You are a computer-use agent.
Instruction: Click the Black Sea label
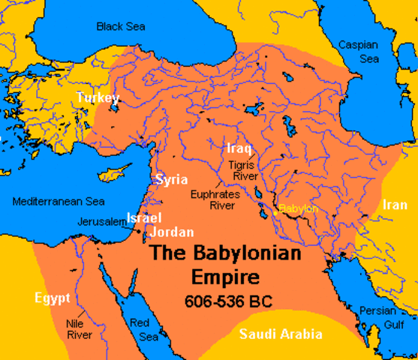[x=120, y=26]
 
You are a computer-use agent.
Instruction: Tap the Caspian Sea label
[x=359, y=51]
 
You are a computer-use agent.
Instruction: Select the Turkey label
[x=98, y=98]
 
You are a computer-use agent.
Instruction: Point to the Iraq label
[x=239, y=148]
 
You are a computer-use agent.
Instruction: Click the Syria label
[x=173, y=180]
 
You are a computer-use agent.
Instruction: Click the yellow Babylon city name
[x=299, y=208]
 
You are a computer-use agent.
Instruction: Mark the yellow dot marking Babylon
[x=275, y=213]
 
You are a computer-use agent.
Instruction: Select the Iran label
[x=395, y=205]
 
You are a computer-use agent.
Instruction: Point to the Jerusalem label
[x=101, y=222]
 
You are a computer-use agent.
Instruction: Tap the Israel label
[x=143, y=217]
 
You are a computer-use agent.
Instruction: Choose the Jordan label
[x=172, y=232]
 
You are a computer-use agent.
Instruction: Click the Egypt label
[x=52, y=298]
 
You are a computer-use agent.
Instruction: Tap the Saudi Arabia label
[x=281, y=334]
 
